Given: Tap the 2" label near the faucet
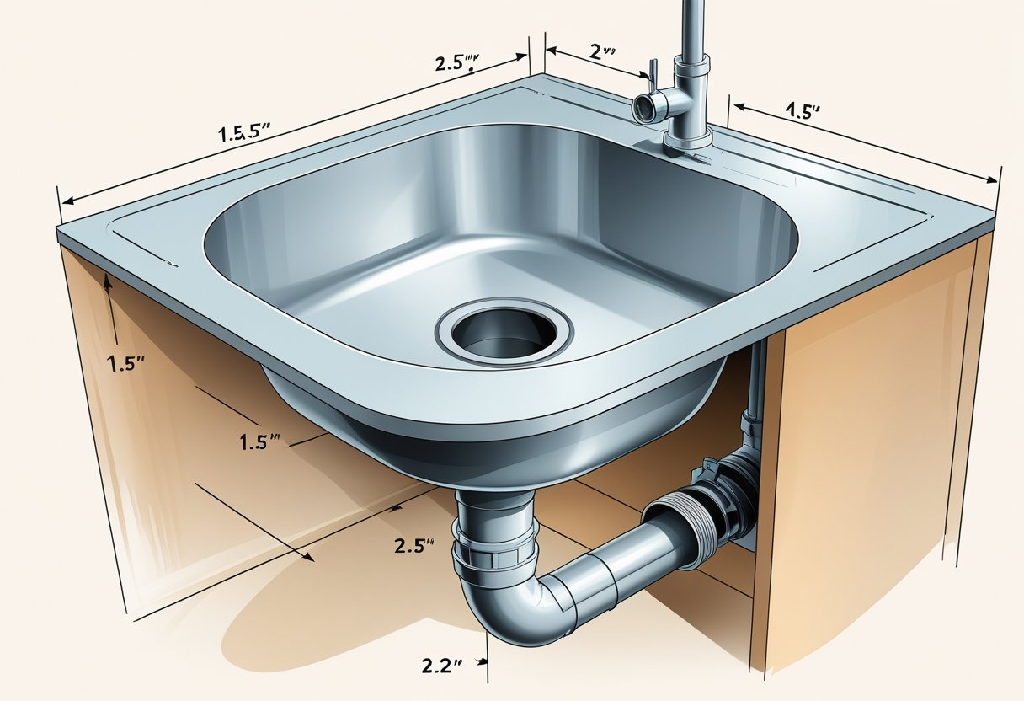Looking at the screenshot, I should point(600,50).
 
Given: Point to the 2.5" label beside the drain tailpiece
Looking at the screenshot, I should point(413,544).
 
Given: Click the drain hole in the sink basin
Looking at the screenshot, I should point(503,331).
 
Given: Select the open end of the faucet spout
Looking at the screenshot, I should point(643,107).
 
